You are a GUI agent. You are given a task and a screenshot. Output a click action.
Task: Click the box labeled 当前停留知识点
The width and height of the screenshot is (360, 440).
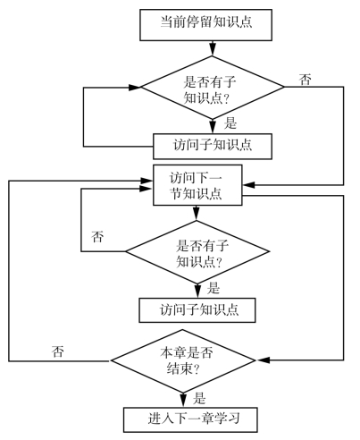(205, 25)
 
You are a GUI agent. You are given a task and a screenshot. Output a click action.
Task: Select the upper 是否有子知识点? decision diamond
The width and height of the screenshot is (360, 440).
(213, 88)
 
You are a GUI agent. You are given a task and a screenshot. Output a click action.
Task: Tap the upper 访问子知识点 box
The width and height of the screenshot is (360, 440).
(213, 146)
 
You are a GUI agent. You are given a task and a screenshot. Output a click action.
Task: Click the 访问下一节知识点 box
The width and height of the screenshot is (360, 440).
(197, 185)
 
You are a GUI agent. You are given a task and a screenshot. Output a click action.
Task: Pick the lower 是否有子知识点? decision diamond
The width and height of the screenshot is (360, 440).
(197, 252)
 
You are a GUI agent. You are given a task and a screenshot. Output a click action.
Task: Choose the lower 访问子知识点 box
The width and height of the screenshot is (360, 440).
(197, 310)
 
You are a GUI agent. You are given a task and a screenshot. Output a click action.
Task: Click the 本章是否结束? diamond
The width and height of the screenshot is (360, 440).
(183, 360)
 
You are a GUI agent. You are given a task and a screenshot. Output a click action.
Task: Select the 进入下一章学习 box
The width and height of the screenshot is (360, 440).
(190, 419)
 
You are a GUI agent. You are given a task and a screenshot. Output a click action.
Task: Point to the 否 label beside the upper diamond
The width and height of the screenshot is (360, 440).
(306, 80)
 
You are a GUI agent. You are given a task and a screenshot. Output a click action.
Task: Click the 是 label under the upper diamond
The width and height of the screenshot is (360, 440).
(230, 123)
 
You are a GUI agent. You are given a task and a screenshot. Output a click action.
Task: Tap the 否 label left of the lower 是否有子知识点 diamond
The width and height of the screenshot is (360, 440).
(97, 237)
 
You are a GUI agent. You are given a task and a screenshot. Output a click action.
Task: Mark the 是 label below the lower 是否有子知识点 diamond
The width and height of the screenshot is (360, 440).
(213, 288)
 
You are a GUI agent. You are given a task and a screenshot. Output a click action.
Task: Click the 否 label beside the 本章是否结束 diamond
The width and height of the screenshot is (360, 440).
(58, 351)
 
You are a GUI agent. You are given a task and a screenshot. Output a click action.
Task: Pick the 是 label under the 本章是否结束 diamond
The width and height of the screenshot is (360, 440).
(199, 398)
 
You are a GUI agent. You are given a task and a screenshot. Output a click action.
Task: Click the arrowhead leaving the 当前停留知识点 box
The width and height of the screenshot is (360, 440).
(213, 50)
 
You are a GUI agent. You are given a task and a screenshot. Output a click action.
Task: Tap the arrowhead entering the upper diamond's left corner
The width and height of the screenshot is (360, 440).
(135, 88)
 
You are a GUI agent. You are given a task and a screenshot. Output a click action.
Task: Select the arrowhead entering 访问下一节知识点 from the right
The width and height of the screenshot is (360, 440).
(248, 185)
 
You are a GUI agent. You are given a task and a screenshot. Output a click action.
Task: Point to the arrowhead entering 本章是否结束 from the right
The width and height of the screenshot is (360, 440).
(264, 360)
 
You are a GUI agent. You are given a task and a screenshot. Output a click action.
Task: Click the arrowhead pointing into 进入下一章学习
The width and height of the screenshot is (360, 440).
(183, 401)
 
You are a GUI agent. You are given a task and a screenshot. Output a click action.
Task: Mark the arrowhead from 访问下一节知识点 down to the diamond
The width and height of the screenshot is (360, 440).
(196, 213)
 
